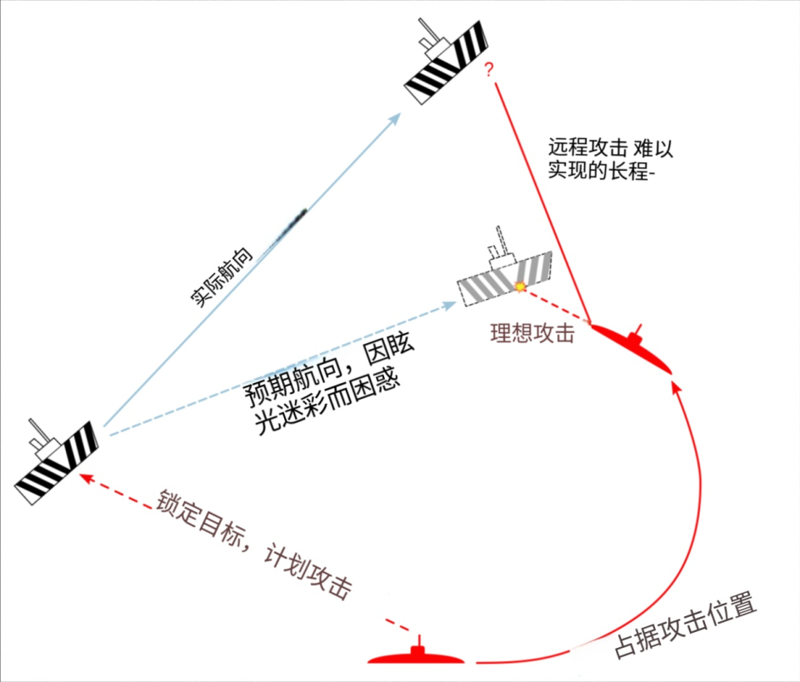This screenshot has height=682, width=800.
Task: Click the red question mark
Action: (x=489, y=69)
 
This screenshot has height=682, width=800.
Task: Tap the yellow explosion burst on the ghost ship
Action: (x=520, y=286)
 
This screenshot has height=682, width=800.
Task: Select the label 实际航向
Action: (x=222, y=277)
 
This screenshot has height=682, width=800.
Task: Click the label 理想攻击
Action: (x=532, y=333)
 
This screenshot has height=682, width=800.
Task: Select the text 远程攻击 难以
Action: (x=611, y=148)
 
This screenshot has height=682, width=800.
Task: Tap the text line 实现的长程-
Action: (x=601, y=170)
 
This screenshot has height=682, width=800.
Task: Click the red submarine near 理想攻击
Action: (x=632, y=346)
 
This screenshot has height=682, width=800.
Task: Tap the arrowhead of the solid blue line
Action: (x=394, y=119)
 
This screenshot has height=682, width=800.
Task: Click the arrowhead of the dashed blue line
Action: (x=449, y=306)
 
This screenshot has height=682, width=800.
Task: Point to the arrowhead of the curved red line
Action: (x=676, y=388)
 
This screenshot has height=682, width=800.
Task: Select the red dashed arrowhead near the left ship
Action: (x=86, y=479)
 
